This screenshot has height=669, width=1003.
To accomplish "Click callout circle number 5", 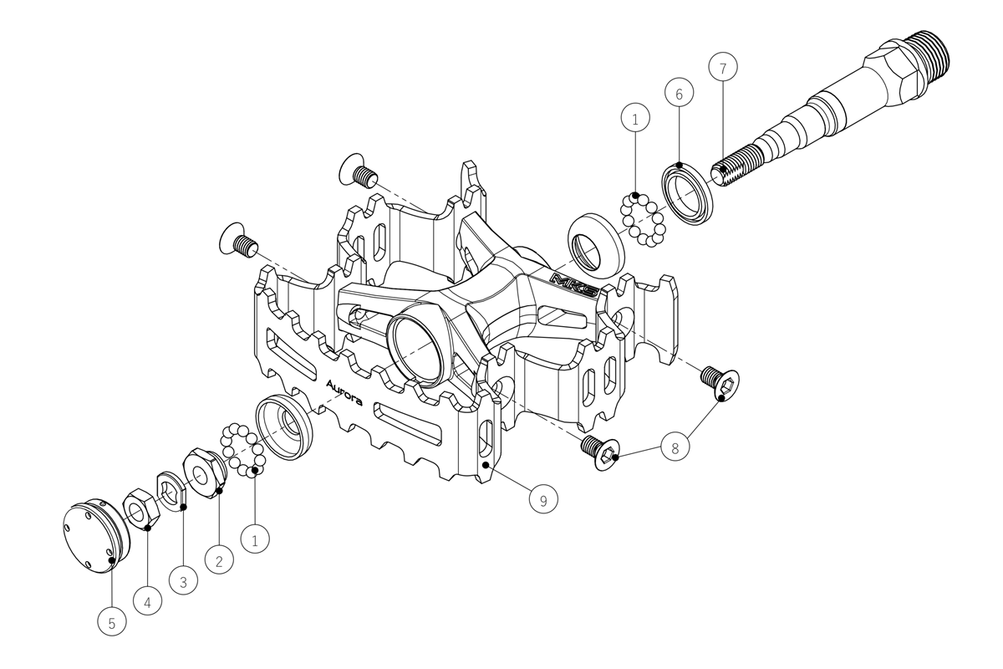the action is [x=112, y=621].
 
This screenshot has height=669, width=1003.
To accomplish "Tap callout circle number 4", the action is [x=147, y=601].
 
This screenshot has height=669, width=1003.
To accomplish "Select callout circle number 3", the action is [x=183, y=580].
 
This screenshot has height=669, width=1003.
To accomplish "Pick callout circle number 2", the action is [x=219, y=559].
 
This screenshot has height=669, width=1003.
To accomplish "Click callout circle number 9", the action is [x=543, y=498].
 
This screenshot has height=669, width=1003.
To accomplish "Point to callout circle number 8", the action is [x=675, y=447].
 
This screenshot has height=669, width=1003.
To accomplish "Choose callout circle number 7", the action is [x=723, y=67].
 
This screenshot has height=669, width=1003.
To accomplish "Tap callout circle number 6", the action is [x=679, y=93].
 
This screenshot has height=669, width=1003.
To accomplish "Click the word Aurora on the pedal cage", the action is [x=344, y=393].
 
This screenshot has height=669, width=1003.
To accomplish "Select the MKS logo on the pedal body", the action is [x=574, y=284].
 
